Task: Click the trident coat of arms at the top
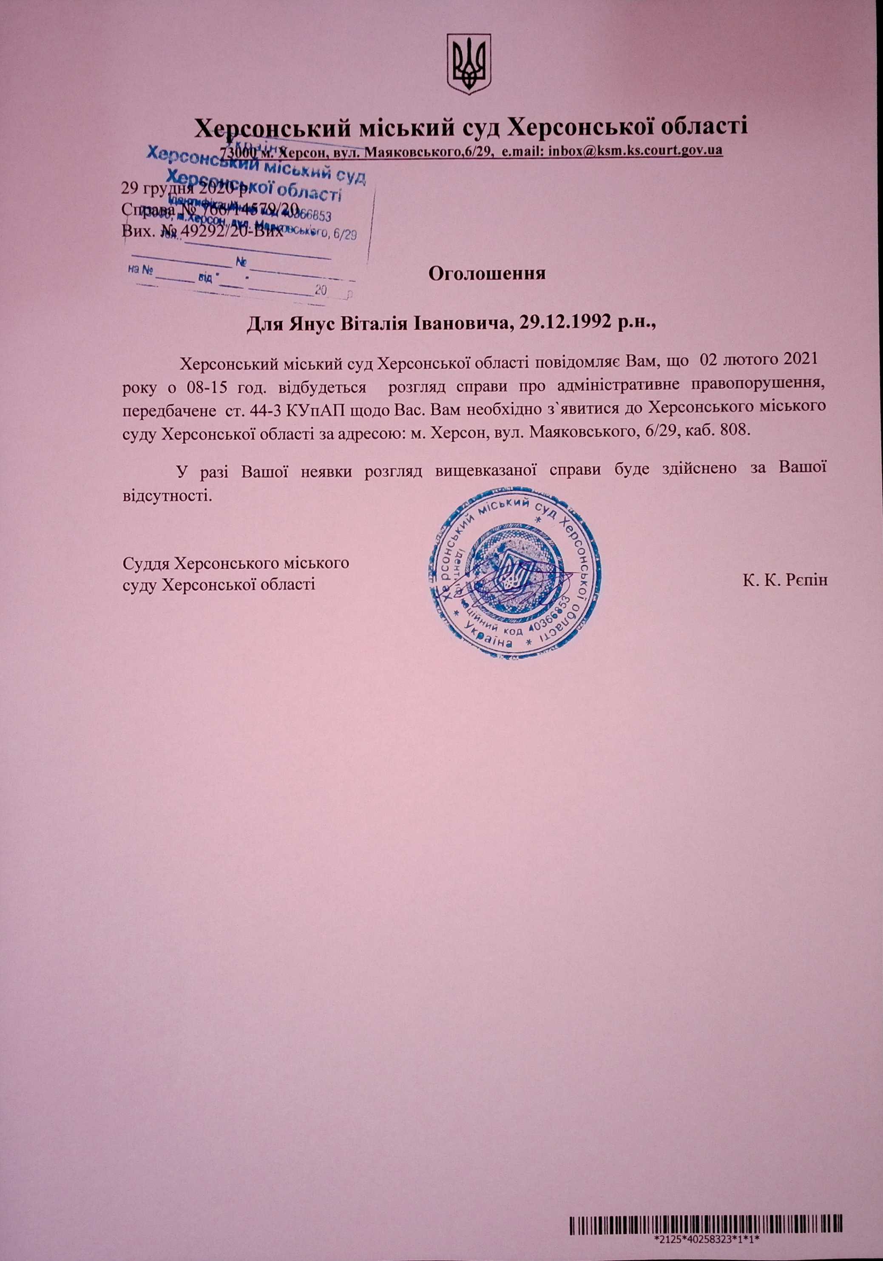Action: point(468,64)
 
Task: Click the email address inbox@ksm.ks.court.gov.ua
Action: point(632,150)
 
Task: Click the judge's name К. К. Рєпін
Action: point(786,580)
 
